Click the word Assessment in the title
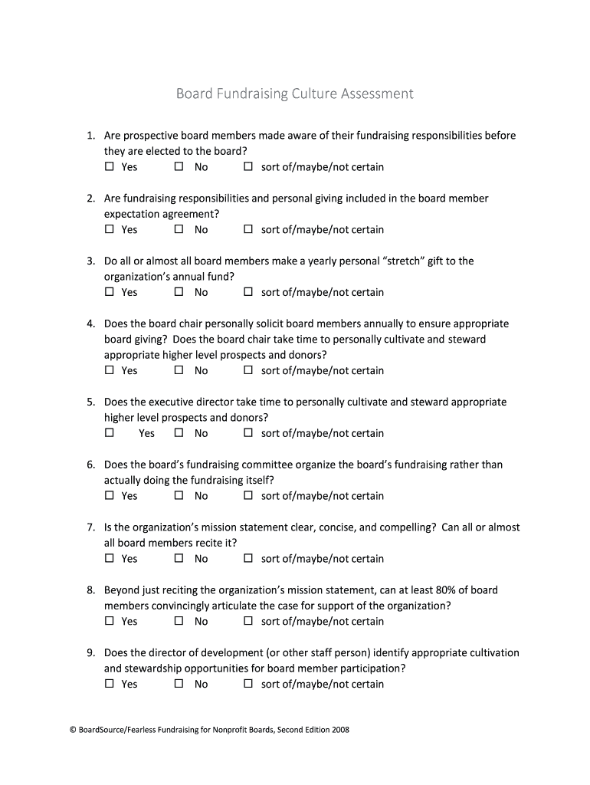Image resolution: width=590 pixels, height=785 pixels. (372, 94)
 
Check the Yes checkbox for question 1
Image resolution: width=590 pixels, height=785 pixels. (109, 166)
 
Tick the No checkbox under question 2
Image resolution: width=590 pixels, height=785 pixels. (179, 229)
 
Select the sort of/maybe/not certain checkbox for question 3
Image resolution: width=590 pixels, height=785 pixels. (247, 292)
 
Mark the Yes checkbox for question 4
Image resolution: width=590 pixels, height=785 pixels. (109, 370)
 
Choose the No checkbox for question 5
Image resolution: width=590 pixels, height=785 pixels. (179, 433)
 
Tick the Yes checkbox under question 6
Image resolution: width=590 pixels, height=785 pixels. (109, 496)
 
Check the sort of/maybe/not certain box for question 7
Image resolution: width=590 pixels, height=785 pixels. (247, 559)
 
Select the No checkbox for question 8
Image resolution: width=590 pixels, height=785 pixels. (179, 622)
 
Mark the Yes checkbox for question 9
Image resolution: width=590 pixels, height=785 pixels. (109, 684)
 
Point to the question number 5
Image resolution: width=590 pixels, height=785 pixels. (90, 402)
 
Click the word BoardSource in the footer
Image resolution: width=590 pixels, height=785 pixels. (94, 731)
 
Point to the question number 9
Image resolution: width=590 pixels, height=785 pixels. (90, 653)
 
